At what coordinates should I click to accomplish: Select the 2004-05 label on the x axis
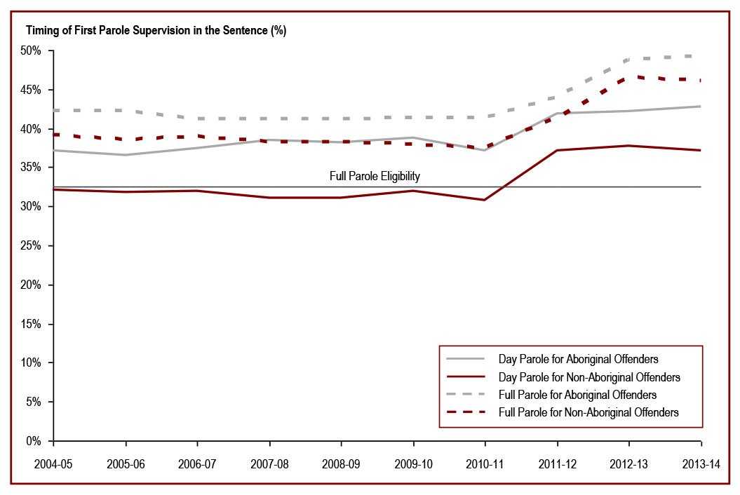click(54, 463)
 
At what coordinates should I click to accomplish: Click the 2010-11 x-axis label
click(485, 463)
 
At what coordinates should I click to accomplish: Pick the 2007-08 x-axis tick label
click(269, 463)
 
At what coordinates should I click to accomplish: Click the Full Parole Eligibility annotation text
click(375, 177)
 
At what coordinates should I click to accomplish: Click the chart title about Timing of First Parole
click(156, 31)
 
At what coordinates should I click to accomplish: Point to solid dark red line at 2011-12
click(557, 150)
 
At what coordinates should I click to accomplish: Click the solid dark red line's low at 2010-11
click(485, 200)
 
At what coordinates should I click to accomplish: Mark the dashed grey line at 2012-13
click(629, 60)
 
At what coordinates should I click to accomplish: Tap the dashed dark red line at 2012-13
click(629, 77)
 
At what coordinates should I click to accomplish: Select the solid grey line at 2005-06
click(126, 155)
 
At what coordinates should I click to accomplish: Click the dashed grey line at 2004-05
click(54, 110)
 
